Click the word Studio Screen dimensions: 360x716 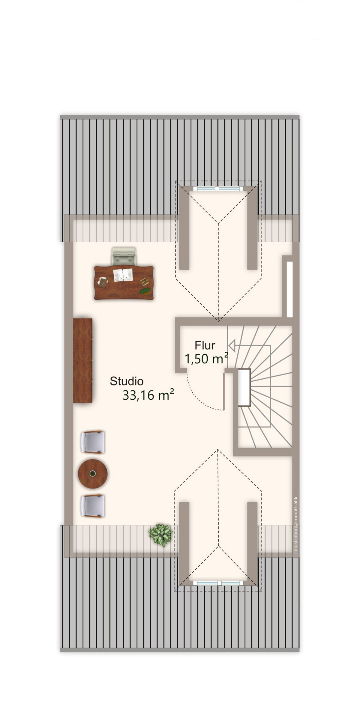point(127,381)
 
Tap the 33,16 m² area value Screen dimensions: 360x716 point(148,395)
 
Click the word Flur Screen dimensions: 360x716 point(205,345)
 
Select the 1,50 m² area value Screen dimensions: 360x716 point(206,359)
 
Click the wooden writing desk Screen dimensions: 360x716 point(124,283)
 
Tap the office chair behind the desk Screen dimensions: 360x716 point(124,256)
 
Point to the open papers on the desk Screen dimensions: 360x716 point(123,275)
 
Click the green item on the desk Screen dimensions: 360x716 point(145,291)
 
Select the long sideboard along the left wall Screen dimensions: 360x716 point(83,360)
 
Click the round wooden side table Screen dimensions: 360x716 point(93,474)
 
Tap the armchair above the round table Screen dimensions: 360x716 point(93,442)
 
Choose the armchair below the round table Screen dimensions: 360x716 point(93,506)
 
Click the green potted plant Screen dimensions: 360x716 point(161,535)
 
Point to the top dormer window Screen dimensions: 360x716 point(218,189)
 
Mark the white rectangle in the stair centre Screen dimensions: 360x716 point(244,387)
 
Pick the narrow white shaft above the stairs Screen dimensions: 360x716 point(289,289)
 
